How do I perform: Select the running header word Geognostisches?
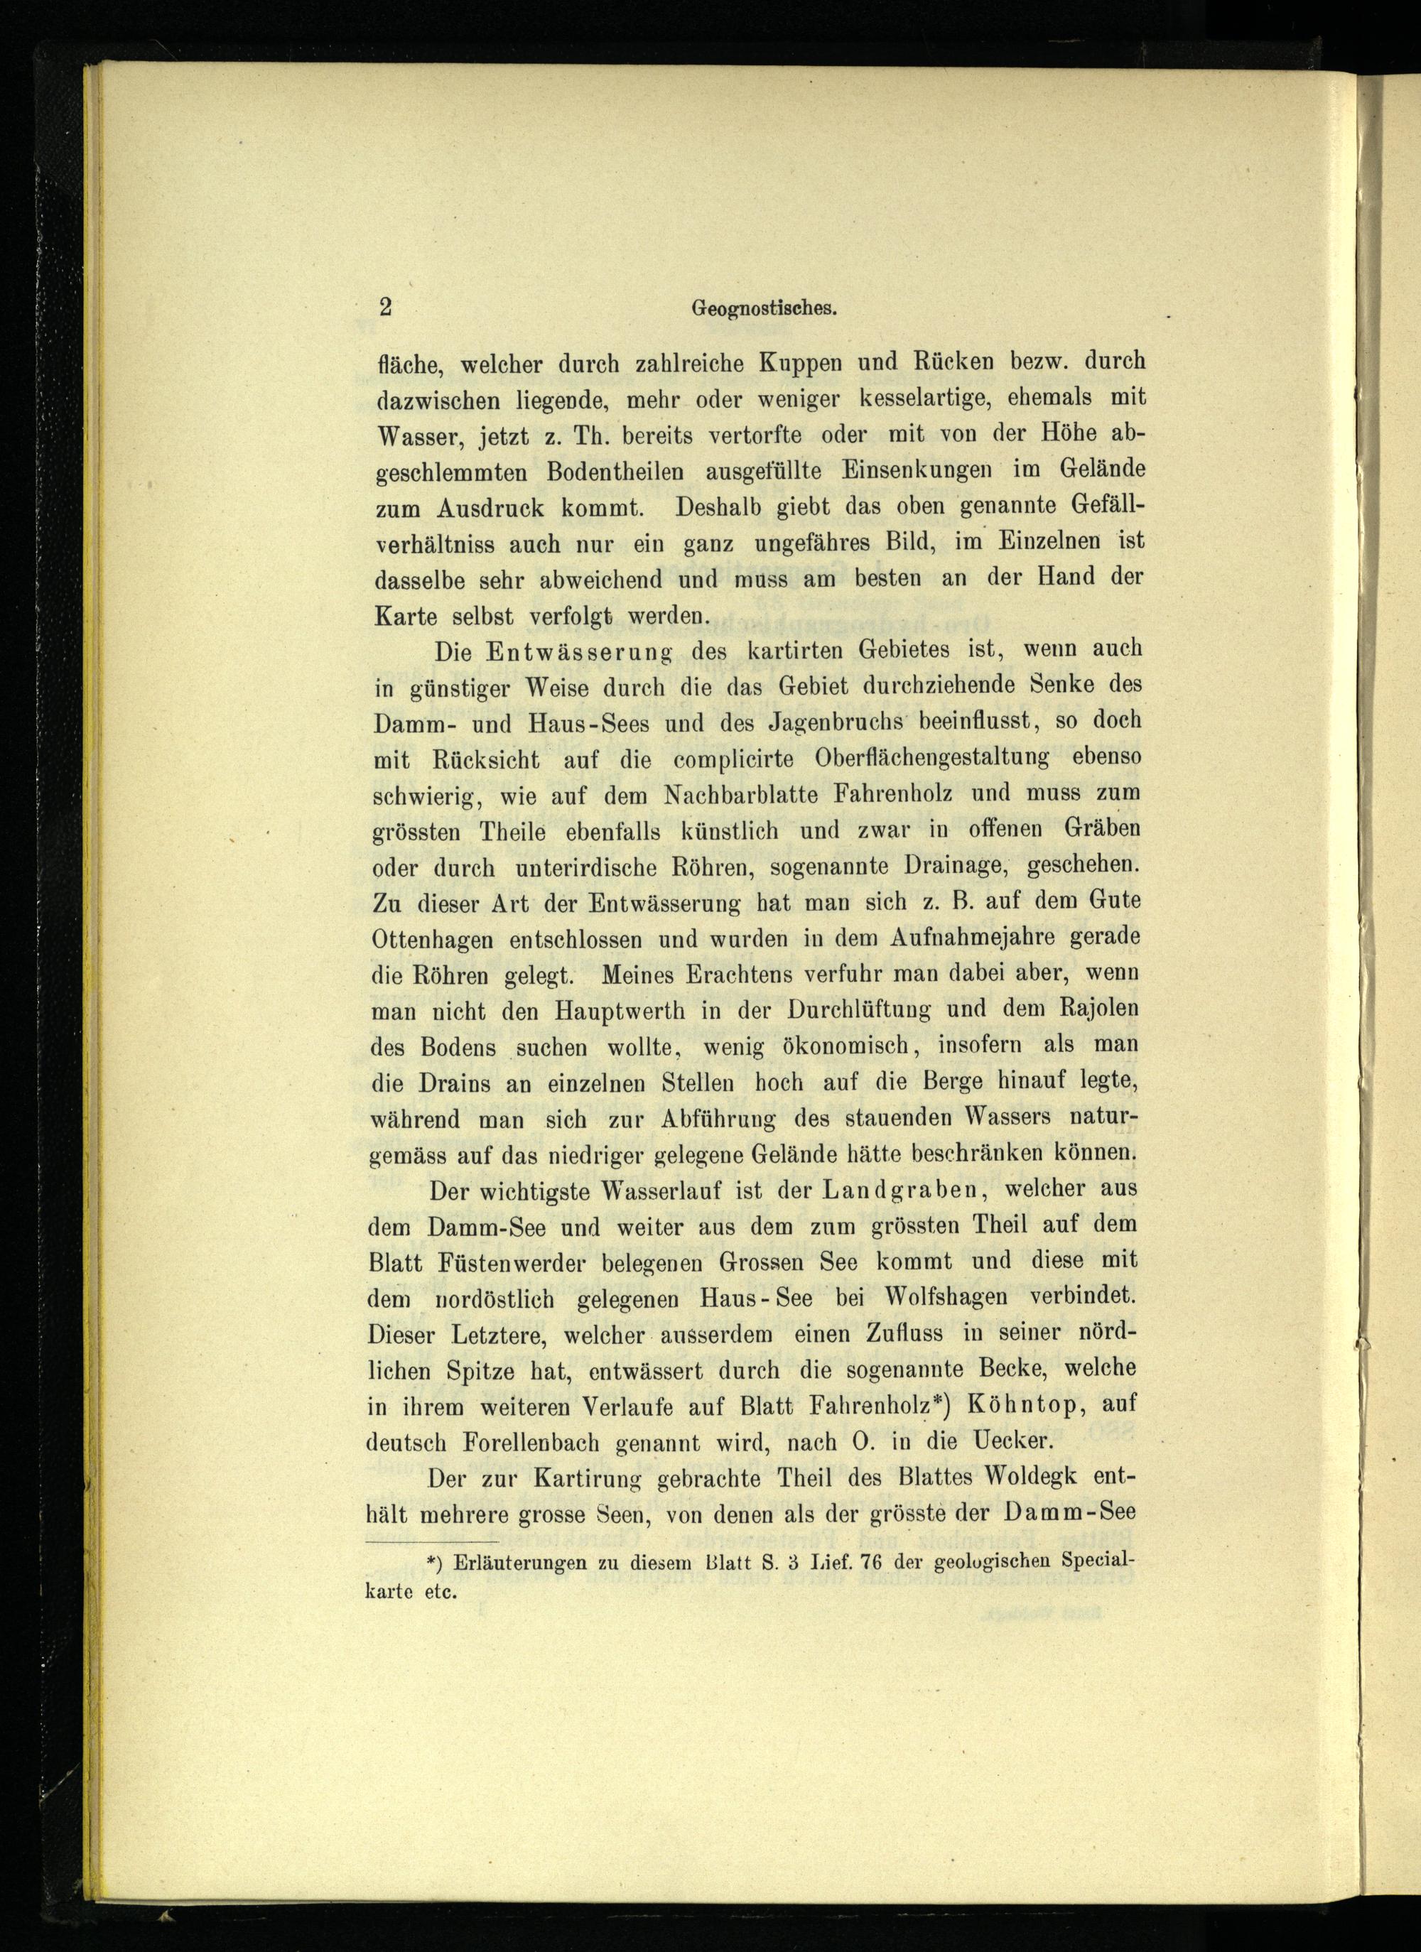[x=765, y=310]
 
